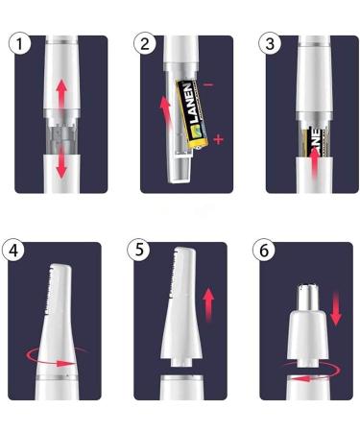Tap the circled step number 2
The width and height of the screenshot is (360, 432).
click(146, 44)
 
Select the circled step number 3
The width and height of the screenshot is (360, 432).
click(272, 44)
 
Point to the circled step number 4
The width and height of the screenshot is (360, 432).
click(15, 251)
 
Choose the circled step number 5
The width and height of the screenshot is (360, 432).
click(140, 251)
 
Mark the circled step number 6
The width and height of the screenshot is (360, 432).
click(265, 251)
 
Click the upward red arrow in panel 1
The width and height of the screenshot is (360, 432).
click(62, 96)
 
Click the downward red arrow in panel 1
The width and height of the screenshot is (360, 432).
click(62, 163)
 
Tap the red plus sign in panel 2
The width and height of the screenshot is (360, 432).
click(219, 141)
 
